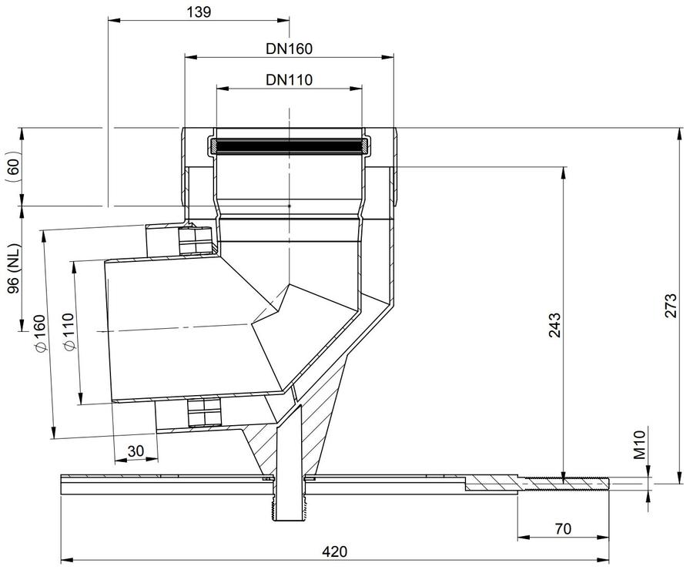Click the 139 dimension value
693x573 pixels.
point(199,12)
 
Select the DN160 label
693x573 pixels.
point(289,49)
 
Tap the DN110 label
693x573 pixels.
point(289,79)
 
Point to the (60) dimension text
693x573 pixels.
point(15,166)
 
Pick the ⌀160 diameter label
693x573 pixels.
point(38,333)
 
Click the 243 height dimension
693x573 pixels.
point(554,325)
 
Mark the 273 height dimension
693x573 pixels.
point(670,305)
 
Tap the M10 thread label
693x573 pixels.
point(640,445)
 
